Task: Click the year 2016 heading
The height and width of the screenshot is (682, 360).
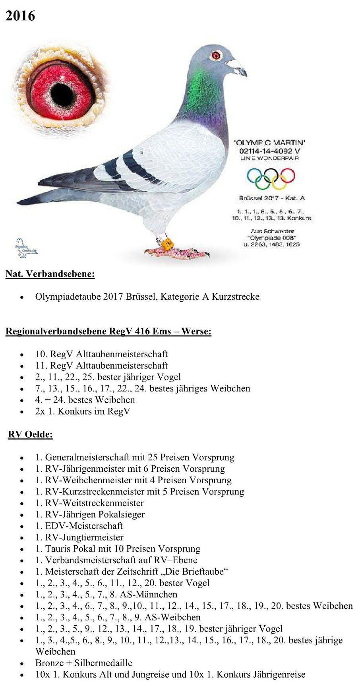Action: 20,16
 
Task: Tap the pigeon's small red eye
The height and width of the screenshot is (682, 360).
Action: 217,55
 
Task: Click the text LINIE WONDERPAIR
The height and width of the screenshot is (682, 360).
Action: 269,158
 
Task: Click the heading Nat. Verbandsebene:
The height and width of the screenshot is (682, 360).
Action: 50,274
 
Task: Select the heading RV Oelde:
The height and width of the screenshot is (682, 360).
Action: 30,434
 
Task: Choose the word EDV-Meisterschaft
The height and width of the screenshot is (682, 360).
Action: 84,526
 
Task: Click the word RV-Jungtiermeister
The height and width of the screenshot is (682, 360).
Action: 84,537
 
